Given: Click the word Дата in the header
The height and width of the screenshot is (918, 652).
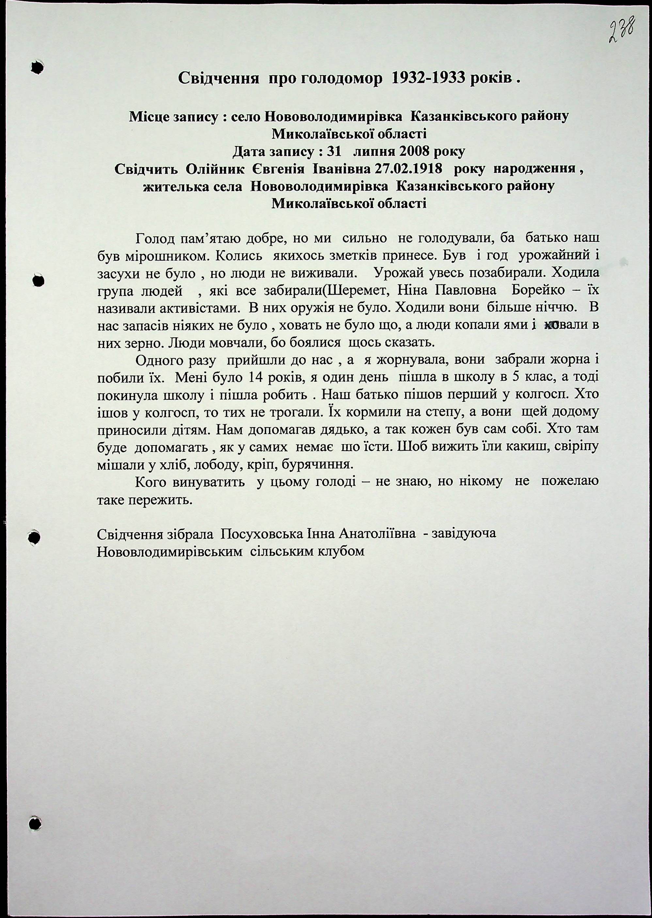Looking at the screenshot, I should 250,152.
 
